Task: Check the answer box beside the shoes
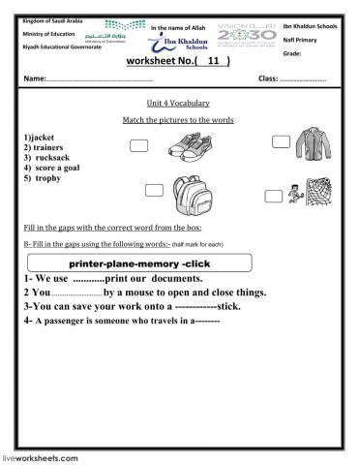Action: coord(138,145)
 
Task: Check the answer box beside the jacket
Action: coord(281,142)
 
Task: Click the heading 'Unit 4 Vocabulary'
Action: coord(180,103)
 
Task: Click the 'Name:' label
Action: coord(35,77)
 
